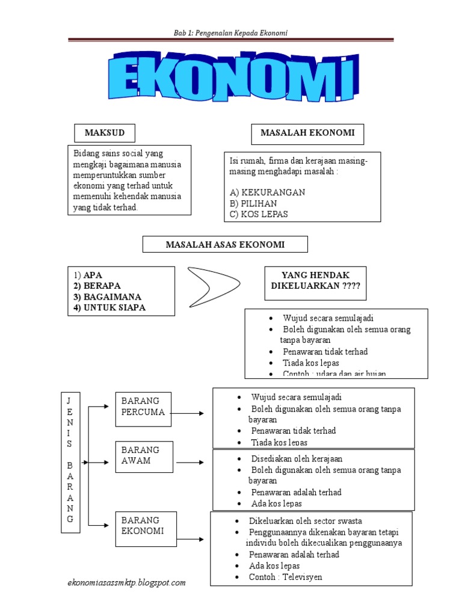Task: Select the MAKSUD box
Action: coord(104,133)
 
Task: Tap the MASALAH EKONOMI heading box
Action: coord(307,134)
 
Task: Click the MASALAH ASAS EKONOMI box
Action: coord(225,244)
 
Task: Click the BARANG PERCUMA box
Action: coord(143,407)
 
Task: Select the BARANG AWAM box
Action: coord(143,456)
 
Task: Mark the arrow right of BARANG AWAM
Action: coord(191,463)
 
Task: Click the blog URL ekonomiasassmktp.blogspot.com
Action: coord(126,582)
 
